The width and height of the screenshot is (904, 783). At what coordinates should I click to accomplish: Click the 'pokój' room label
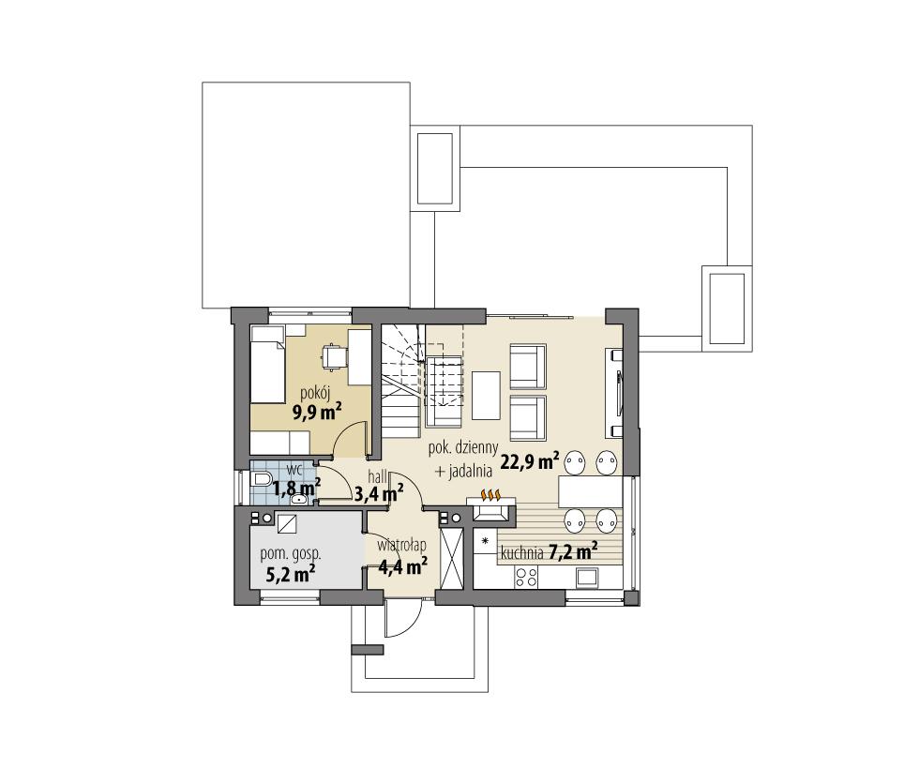click(x=315, y=393)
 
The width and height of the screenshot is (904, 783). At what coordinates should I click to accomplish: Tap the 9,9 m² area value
click(x=316, y=412)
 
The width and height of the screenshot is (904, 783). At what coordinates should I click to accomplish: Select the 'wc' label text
click(x=294, y=468)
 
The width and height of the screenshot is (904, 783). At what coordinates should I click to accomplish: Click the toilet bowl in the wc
click(x=262, y=480)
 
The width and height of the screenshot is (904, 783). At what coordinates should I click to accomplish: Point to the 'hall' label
click(x=377, y=475)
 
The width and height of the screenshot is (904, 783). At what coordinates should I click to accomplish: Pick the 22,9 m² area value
click(x=530, y=460)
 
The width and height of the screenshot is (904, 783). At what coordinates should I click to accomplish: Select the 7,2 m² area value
click(x=573, y=551)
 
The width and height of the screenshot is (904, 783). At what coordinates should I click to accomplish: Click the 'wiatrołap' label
click(x=402, y=545)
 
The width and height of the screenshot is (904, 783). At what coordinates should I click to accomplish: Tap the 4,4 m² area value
click(x=402, y=565)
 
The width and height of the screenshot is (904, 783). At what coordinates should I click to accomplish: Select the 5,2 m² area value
click(x=290, y=574)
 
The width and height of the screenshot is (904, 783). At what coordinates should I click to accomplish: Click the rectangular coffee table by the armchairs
click(x=484, y=396)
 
